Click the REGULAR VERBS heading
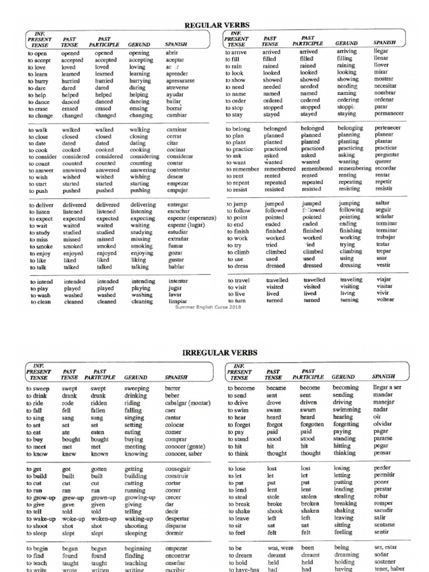pos(216,25)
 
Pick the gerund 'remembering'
pos(355,168)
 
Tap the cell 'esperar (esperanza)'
pos(192,219)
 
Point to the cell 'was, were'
pos(280,548)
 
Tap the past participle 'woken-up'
pos(106,518)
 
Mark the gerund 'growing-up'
pos(140,497)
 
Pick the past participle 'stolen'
pos(309,497)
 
